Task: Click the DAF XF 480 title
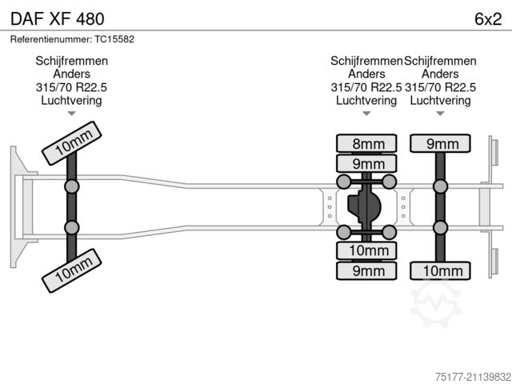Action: pyautogui.click(x=56, y=17)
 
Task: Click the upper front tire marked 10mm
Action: pyautogui.click(x=71, y=142)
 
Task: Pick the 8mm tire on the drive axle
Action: pyautogui.click(x=367, y=144)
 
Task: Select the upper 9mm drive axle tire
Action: pyautogui.click(x=367, y=163)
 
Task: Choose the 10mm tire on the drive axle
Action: pyautogui.click(x=367, y=250)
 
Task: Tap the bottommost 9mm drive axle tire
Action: pyautogui.click(x=367, y=270)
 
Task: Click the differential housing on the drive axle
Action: pyautogui.click(x=366, y=207)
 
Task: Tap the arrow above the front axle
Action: pyautogui.click(x=71, y=114)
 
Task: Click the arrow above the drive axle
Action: pyautogui.click(x=366, y=114)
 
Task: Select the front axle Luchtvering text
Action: pyautogui.click(x=71, y=100)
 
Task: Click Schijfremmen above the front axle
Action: pyautogui.click(x=71, y=62)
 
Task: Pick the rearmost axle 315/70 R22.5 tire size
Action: pyautogui.click(x=441, y=87)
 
